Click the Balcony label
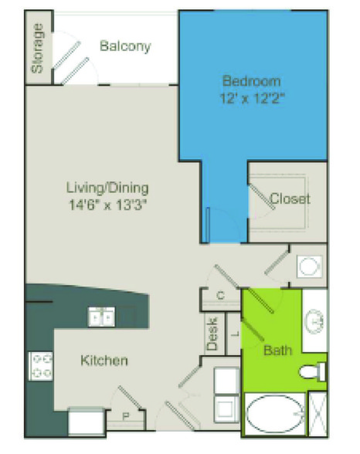pos(125,46)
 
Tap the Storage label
pos(38,48)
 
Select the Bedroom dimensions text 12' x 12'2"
pos(253,99)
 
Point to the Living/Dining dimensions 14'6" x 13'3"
pos(107,205)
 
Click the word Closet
pos(290,198)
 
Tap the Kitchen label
pos(104,361)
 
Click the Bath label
pos(278,351)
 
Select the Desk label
pos(212,334)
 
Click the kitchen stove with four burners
pos(41,366)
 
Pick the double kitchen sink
pos(101,317)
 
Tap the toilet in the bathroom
pos(312,372)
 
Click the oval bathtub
pos(275,415)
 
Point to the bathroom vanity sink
pos(316,321)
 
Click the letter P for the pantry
pos(126,416)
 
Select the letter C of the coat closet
pos(221,295)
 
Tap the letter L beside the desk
pos(236,334)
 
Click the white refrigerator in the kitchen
pos(87,421)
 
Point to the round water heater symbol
pos(309,266)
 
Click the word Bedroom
pos(252,81)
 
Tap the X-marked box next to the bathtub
pos(318,414)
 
